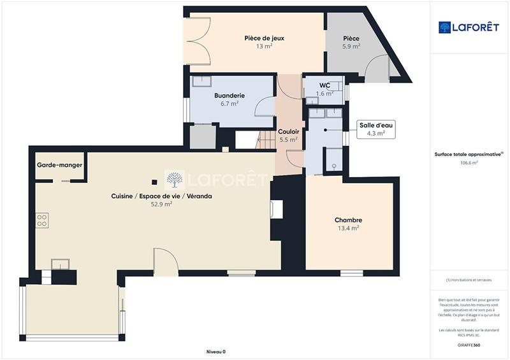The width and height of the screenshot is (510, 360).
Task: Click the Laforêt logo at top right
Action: tap(469, 27)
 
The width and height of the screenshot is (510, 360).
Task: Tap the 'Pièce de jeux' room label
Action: tap(264, 38)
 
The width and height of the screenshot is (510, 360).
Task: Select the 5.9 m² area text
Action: tap(351, 47)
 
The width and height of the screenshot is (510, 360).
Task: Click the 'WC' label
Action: tap(324, 85)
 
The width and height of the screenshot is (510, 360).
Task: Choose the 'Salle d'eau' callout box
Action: tap(375, 129)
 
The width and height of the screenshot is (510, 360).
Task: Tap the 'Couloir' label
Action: tap(289, 131)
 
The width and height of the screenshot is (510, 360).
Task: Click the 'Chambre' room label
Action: tap(348, 220)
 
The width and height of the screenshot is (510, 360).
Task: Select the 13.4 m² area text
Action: tap(348, 228)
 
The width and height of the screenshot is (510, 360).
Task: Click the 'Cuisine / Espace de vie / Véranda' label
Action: tap(162, 196)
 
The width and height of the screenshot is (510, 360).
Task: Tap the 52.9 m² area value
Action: tap(162, 205)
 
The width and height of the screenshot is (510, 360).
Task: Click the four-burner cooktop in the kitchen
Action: tap(42, 220)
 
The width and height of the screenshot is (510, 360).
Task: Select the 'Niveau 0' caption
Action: tap(216, 352)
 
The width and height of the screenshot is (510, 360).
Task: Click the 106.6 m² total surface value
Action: tap(469, 162)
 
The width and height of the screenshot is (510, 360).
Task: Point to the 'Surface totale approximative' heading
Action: tap(469, 154)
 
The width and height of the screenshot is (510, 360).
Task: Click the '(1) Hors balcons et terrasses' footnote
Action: tap(469, 280)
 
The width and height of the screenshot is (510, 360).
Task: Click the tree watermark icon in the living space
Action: tap(175, 179)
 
